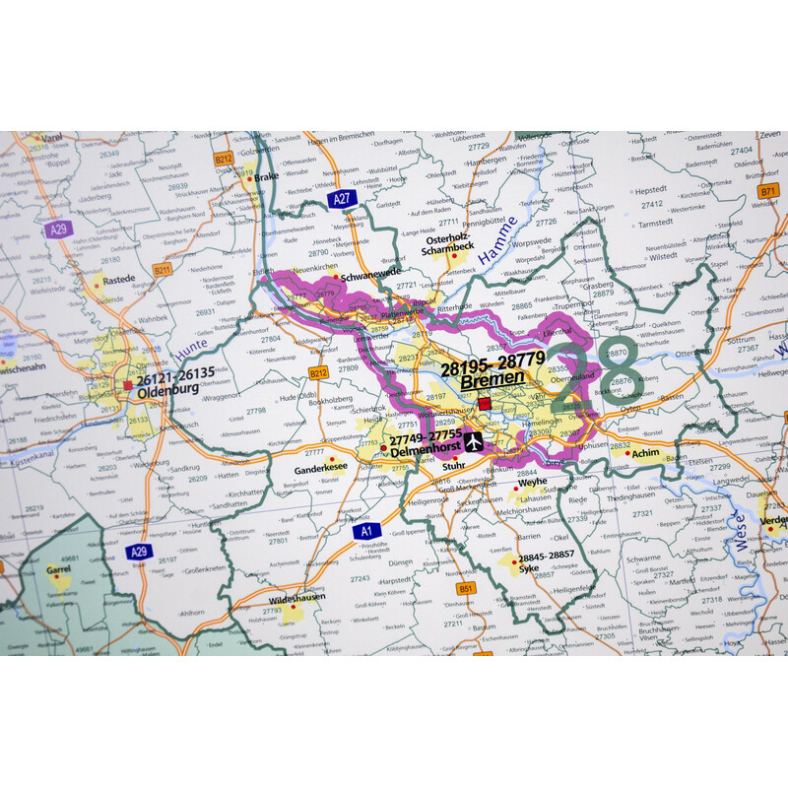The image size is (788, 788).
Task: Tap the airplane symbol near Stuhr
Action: (474, 441)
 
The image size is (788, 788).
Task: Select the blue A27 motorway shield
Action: (342, 199)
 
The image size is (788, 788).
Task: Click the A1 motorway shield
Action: (365, 531)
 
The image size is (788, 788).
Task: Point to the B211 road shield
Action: (163, 268)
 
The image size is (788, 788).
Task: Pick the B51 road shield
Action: (466, 588)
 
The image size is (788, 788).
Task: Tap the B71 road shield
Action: (768, 191)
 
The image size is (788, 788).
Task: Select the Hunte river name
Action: (192, 347)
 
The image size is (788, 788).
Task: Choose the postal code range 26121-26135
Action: (174, 373)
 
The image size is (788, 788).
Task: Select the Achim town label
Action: (646, 454)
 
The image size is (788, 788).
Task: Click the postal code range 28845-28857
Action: (548, 556)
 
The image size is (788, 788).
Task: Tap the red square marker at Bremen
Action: (485, 404)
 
